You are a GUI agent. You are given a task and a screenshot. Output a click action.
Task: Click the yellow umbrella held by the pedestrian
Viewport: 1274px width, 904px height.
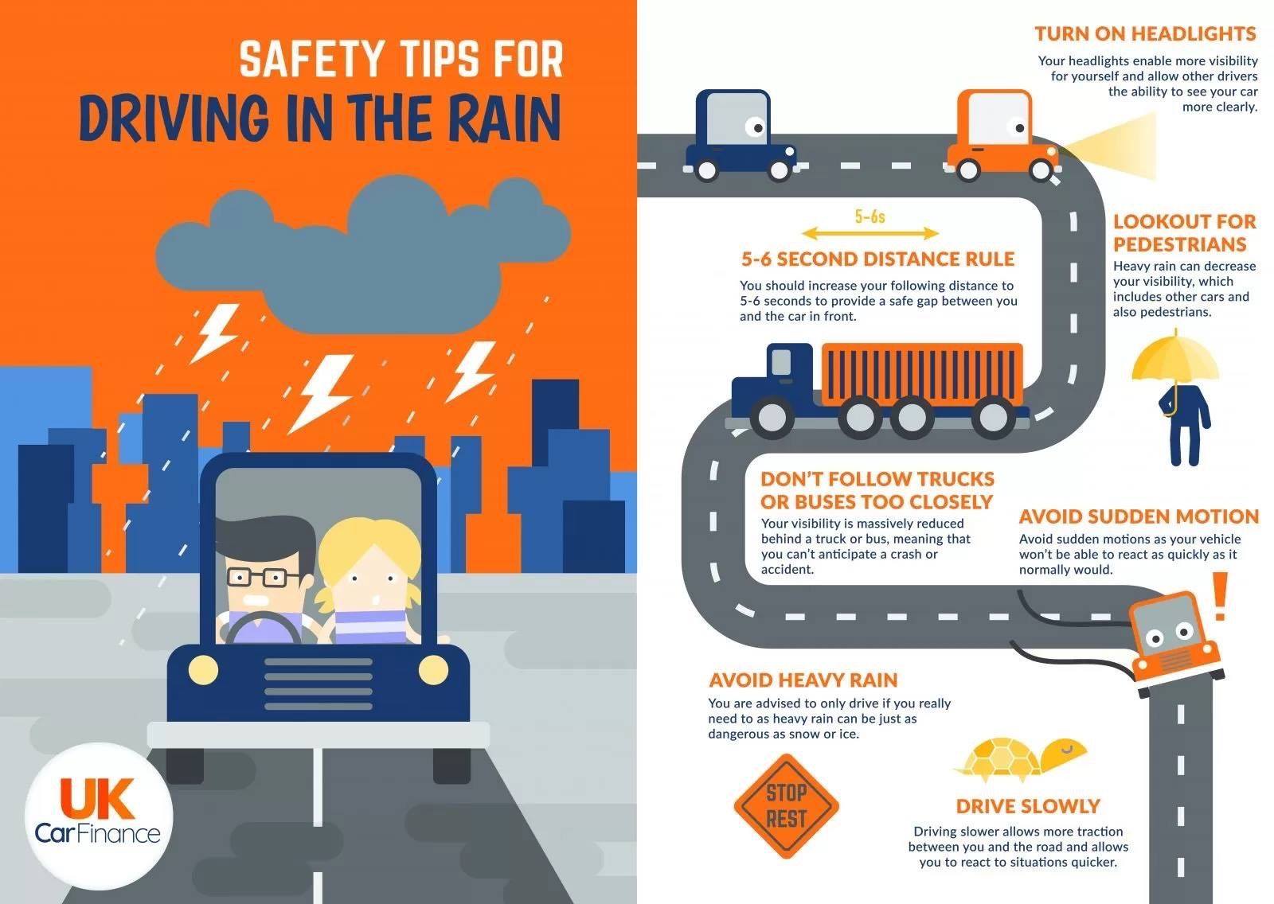tap(1175, 358)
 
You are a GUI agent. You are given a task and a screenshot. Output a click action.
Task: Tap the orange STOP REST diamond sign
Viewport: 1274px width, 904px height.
tap(787, 805)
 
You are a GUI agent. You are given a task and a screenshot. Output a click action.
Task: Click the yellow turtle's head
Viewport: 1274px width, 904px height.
tap(1065, 753)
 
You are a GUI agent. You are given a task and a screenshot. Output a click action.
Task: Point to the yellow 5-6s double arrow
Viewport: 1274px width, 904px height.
tap(870, 233)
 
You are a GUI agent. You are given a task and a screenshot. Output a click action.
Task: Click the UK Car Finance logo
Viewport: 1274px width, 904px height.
tap(99, 816)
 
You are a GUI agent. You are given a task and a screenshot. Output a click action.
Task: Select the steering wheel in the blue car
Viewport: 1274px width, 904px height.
tap(264, 628)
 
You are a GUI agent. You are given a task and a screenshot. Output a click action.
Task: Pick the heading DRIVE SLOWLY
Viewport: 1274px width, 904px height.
tap(1028, 806)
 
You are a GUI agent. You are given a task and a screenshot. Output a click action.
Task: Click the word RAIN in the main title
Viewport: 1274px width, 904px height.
tap(505, 119)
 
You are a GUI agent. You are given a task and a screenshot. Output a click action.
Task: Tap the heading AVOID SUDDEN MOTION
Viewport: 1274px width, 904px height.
tap(1139, 516)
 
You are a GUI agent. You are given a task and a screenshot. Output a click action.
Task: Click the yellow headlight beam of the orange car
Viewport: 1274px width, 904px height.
tap(1109, 145)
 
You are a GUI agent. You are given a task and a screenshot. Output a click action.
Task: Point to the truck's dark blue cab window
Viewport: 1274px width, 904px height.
tap(781, 362)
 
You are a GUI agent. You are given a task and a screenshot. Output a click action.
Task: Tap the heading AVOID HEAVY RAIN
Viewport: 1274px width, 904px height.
tap(803, 680)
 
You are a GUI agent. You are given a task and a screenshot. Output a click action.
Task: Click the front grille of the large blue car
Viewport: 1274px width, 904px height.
tap(318, 684)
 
